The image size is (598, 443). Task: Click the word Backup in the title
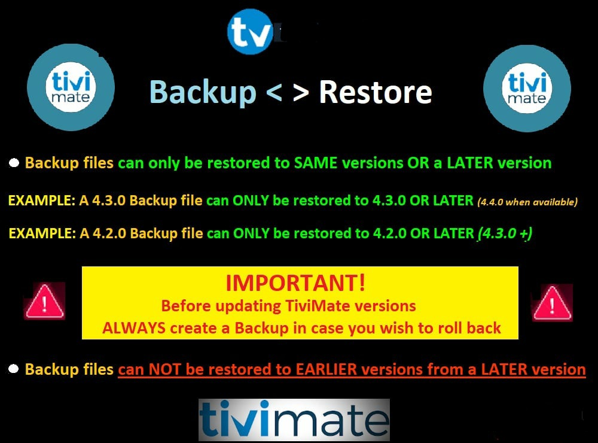click(203, 92)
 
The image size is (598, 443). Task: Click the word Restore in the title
click(376, 92)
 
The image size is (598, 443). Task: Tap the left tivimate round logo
click(71, 87)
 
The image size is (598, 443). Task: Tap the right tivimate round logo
click(527, 88)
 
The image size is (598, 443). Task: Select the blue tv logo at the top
click(251, 32)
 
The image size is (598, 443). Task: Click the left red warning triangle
click(45, 301)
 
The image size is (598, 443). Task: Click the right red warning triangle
click(552, 302)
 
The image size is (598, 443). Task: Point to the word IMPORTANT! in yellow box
click(295, 283)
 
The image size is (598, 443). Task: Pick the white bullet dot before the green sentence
click(14, 163)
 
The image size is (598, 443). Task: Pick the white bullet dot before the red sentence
click(13, 369)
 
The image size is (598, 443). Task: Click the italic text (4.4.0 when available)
click(527, 202)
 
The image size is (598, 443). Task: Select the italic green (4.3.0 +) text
click(505, 233)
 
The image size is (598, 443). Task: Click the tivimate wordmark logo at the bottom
click(294, 420)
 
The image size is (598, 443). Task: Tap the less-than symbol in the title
click(274, 93)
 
